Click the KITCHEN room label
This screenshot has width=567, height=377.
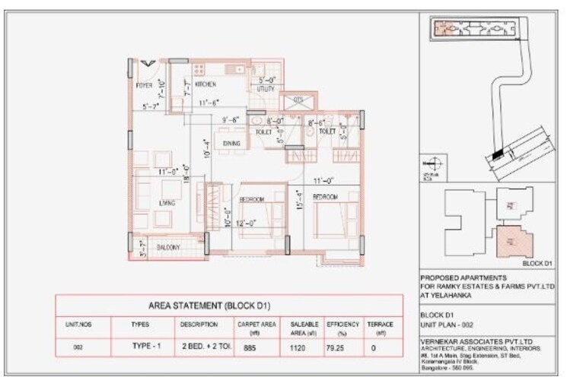click(x=206, y=84)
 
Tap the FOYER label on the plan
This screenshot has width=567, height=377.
click(x=144, y=86)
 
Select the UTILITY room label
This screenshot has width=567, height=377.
click(x=266, y=89)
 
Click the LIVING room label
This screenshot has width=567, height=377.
click(x=167, y=203)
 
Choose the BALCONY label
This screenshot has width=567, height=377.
click(x=168, y=247)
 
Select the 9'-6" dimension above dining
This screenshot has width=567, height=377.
click(x=231, y=119)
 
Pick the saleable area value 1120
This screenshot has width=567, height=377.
click(x=298, y=349)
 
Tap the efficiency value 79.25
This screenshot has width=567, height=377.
click(x=340, y=349)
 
